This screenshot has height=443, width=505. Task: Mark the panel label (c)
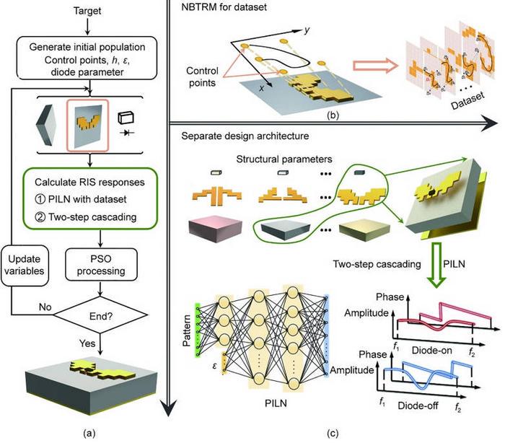click(333, 433)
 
